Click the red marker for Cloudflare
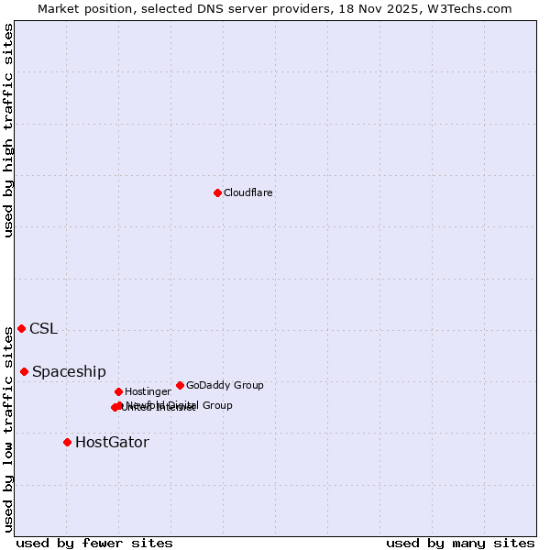click(217, 192)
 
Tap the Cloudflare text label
click(247, 192)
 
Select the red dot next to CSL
click(21, 328)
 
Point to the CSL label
click(43, 329)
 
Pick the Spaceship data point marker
click(24, 371)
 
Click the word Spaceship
click(69, 371)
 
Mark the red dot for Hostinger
click(118, 391)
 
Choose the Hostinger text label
click(148, 391)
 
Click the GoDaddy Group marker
click(180, 385)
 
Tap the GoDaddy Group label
click(225, 385)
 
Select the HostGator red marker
click(67, 442)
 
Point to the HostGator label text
click(112, 443)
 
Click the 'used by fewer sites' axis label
click(94, 543)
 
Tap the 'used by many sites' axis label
click(460, 543)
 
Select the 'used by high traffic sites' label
click(8, 130)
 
